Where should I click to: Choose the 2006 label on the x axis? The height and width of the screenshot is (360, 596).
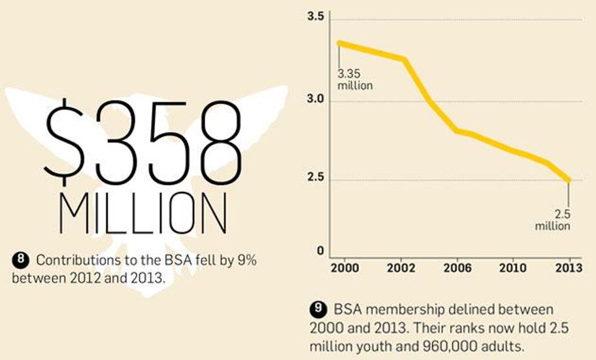466,268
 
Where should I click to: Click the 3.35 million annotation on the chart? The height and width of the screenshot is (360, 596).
354,80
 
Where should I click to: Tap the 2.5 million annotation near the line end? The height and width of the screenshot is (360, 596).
553,220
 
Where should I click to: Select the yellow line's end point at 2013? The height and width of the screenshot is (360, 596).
569,181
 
